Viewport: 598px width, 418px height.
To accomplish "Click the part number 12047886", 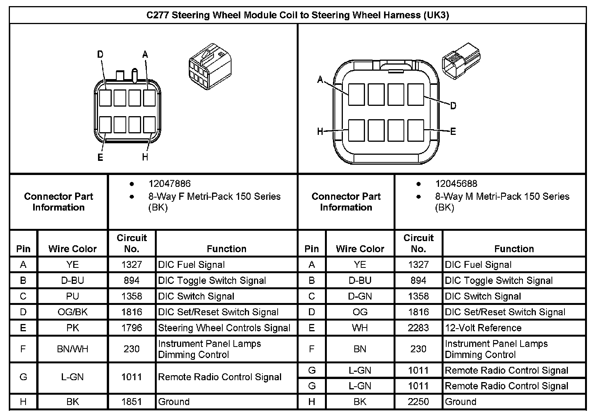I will (169, 184).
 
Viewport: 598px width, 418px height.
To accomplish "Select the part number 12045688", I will (456, 184).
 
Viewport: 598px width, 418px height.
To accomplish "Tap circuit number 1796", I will (132, 328).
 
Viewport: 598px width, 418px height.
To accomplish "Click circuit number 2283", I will (418, 328).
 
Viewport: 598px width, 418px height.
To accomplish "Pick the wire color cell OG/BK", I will (72, 312).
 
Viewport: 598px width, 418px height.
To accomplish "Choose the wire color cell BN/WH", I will (72, 349).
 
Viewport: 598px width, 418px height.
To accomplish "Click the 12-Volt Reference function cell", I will (483, 328).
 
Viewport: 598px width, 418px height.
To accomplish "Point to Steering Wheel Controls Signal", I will (224, 328).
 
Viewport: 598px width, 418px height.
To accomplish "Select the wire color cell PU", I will (72, 296).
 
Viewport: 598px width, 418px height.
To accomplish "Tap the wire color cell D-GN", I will (360, 296).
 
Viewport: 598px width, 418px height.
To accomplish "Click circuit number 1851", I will (132, 402).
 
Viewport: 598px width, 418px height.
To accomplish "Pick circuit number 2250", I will (418, 402).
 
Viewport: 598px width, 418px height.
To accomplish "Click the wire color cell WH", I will (360, 328).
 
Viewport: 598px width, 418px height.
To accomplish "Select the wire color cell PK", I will (72, 328).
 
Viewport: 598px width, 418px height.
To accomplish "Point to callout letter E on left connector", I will (100, 157).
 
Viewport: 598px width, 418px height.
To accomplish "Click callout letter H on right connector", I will (320, 132).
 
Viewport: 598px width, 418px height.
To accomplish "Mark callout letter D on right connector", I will (453, 105).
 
